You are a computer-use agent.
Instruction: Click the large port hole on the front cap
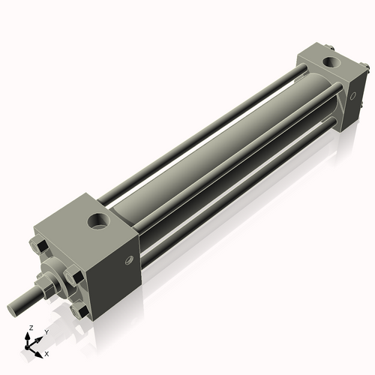[98, 220]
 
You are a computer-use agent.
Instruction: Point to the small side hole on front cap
[130, 260]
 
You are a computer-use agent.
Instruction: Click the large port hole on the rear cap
[331, 62]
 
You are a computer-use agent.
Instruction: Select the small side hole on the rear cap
[353, 96]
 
